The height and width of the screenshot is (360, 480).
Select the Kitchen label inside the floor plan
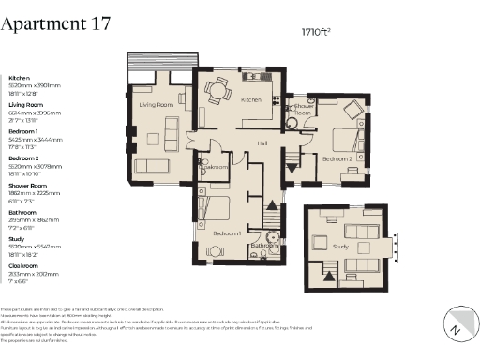click(x=250, y=99)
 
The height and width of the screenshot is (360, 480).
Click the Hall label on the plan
click(x=263, y=142)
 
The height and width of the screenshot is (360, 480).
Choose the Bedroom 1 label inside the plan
click(x=227, y=232)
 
